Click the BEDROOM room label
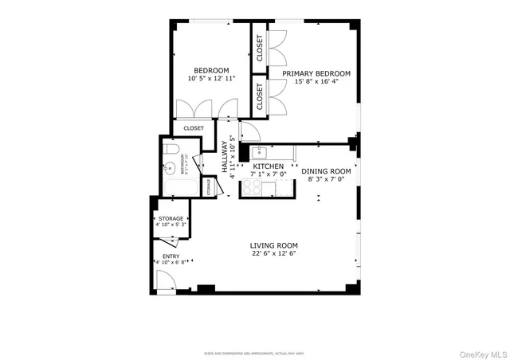[211, 70]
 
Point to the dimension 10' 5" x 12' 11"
[211, 79]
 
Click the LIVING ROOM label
[273, 245]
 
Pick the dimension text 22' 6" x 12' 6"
[273, 254]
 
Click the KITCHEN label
[268, 166]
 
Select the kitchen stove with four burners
[253, 188]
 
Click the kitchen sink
[258, 152]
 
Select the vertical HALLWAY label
[226, 158]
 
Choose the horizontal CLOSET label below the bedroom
[194, 128]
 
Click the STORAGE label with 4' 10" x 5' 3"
[170, 218]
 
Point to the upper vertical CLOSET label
[260, 49]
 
